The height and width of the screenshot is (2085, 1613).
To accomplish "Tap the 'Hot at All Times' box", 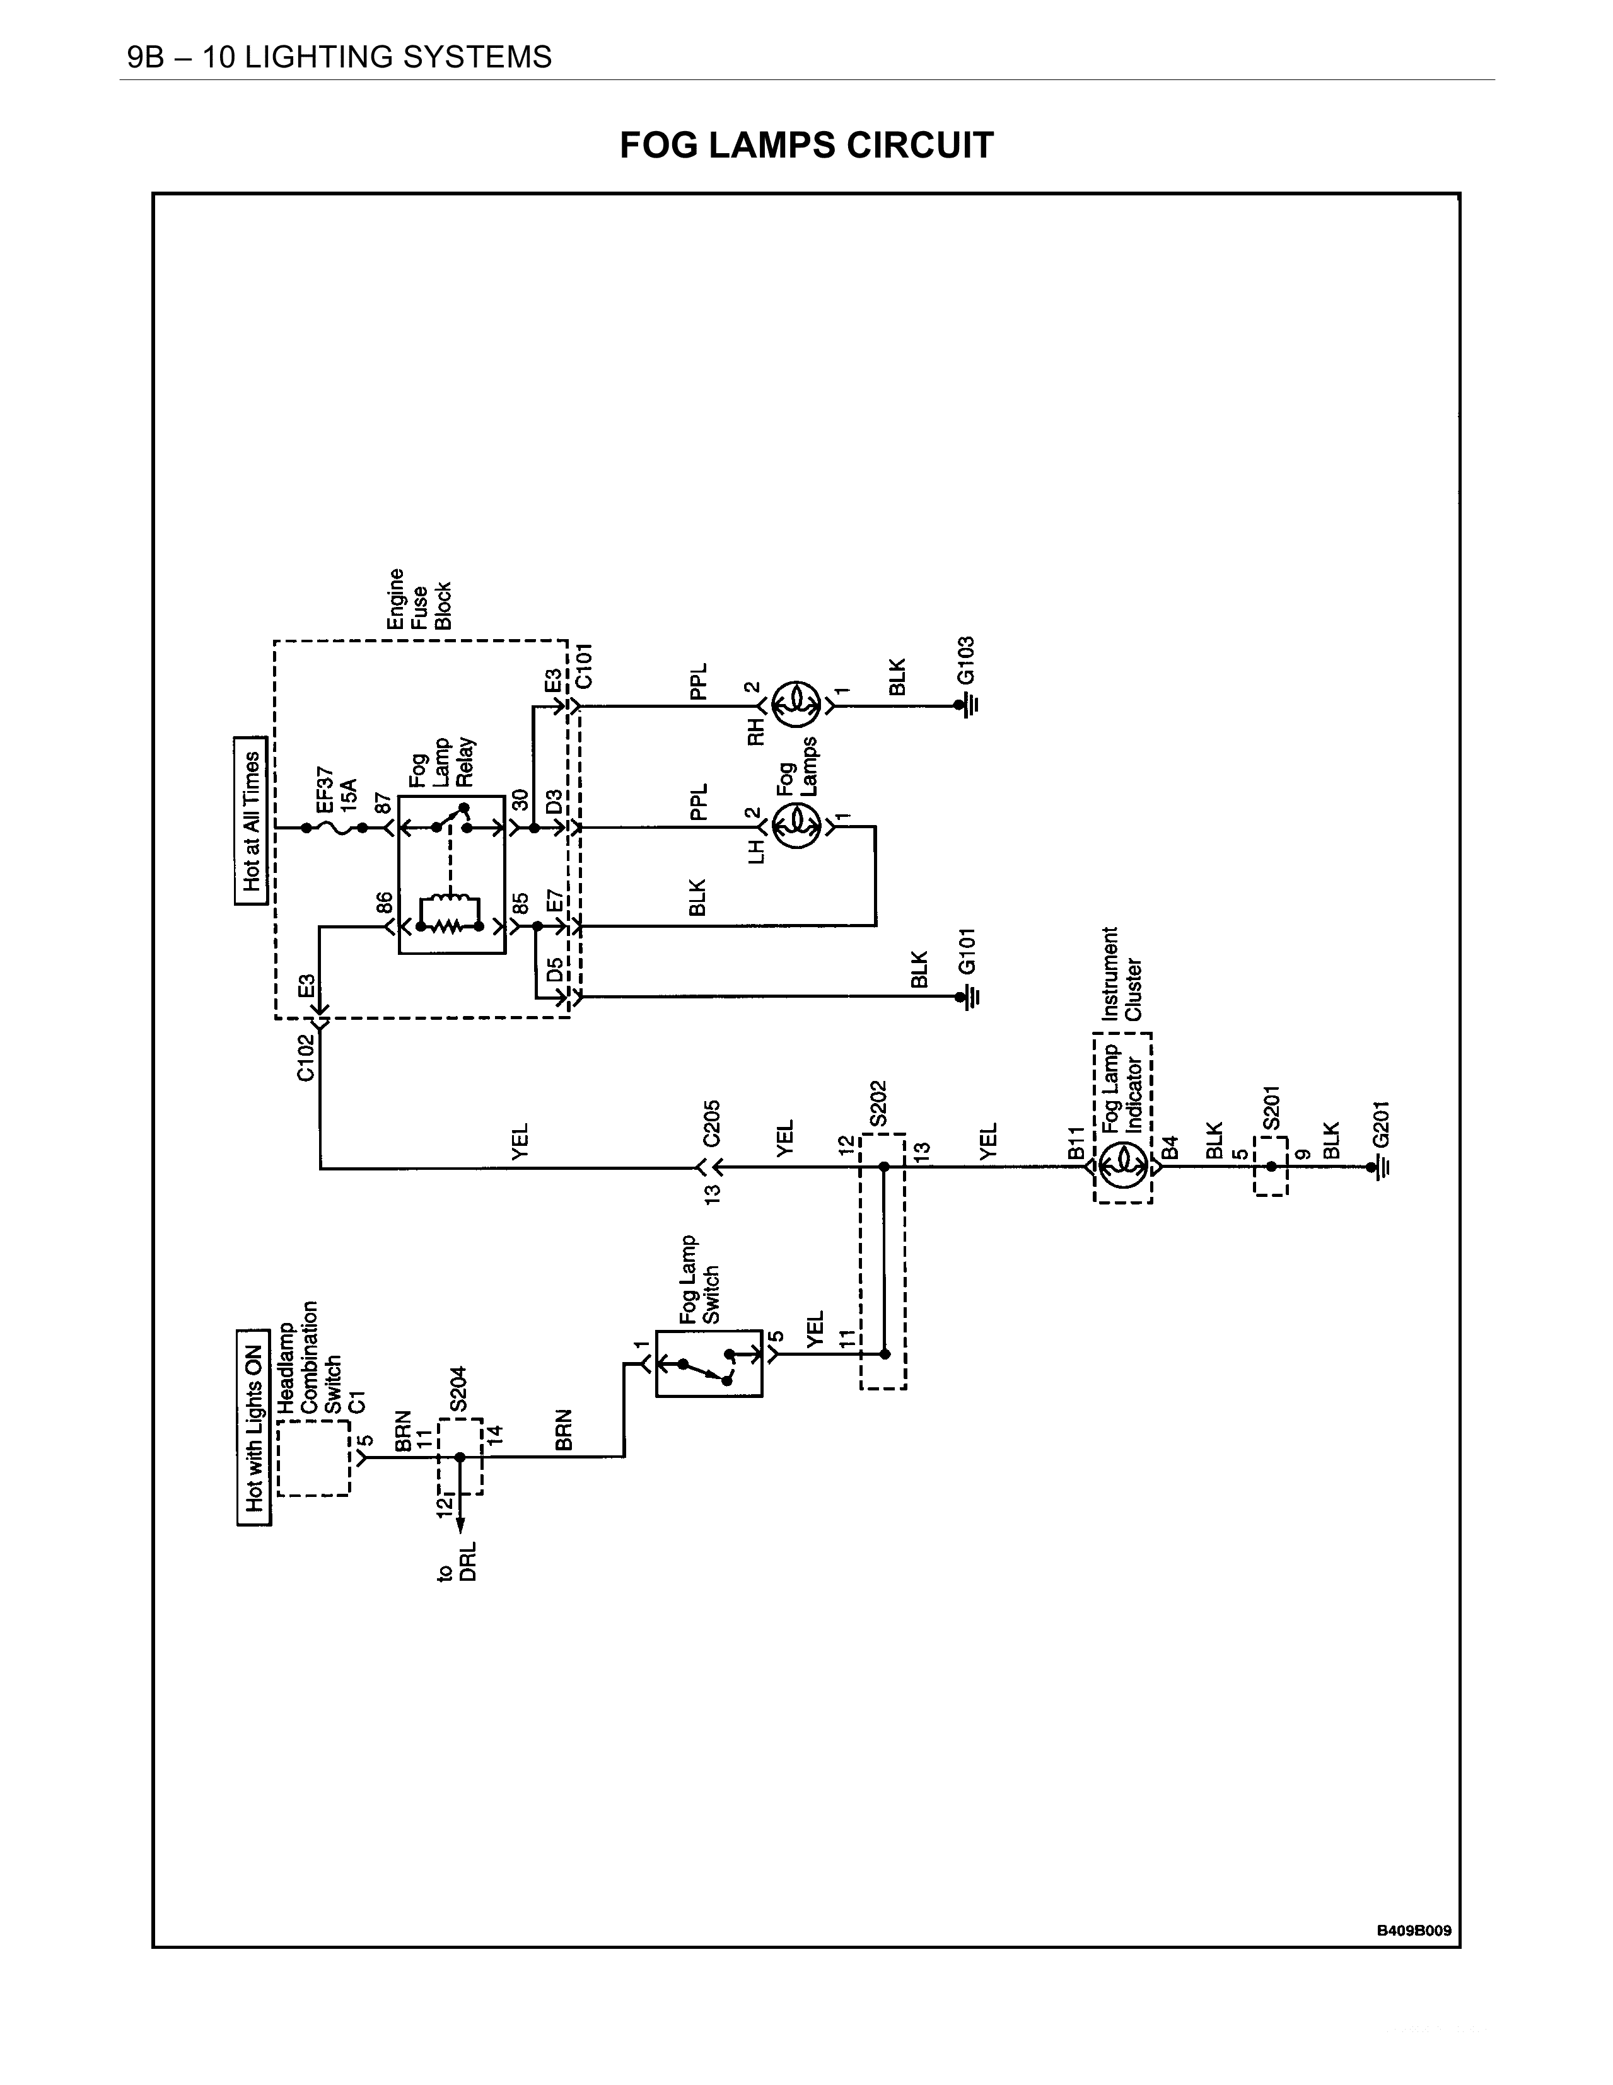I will (x=251, y=821).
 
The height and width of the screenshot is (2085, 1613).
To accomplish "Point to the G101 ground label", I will (x=967, y=951).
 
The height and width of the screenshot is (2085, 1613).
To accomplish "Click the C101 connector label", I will (x=585, y=666).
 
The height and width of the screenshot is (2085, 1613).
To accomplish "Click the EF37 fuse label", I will (x=325, y=788).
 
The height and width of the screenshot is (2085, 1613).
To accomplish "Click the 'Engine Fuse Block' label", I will (x=418, y=599).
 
